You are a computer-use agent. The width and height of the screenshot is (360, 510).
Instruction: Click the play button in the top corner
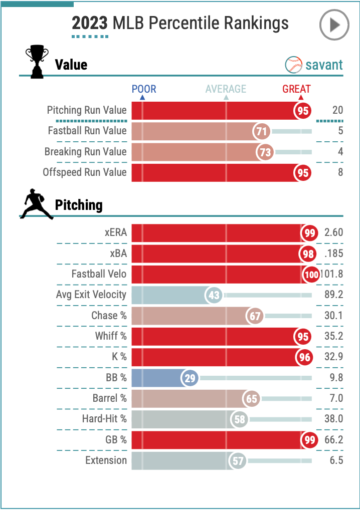[334, 24]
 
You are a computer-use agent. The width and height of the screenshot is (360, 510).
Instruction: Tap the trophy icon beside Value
[37, 62]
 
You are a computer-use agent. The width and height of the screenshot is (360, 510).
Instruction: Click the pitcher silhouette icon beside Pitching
[37, 204]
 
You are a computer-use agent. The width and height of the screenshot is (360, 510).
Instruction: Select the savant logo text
[314, 65]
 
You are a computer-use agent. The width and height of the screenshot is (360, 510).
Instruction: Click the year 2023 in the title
[90, 23]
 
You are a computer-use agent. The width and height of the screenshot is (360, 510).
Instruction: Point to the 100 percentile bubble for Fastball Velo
[311, 274]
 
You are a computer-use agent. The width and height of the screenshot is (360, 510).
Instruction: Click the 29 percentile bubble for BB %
[190, 378]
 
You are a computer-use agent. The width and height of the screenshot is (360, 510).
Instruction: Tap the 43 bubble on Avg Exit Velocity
[214, 295]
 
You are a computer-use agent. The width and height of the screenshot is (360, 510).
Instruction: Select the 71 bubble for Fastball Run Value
[261, 131]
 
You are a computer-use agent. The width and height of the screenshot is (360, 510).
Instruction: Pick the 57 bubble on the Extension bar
[238, 460]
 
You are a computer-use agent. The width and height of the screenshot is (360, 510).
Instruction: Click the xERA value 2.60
[333, 233]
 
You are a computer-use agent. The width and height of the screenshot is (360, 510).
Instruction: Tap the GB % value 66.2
[333, 440]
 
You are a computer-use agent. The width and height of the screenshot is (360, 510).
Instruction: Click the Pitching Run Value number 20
[337, 110]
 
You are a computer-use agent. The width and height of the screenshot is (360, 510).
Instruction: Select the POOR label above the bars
[144, 89]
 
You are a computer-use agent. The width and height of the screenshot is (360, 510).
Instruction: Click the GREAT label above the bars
[296, 89]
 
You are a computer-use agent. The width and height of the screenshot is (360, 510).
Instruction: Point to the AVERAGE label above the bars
[226, 89]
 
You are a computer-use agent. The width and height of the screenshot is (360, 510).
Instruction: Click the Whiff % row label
[111, 336]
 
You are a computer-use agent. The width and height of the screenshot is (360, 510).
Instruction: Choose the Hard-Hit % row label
[104, 419]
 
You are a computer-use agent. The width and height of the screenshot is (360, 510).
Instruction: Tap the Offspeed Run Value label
[85, 172]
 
